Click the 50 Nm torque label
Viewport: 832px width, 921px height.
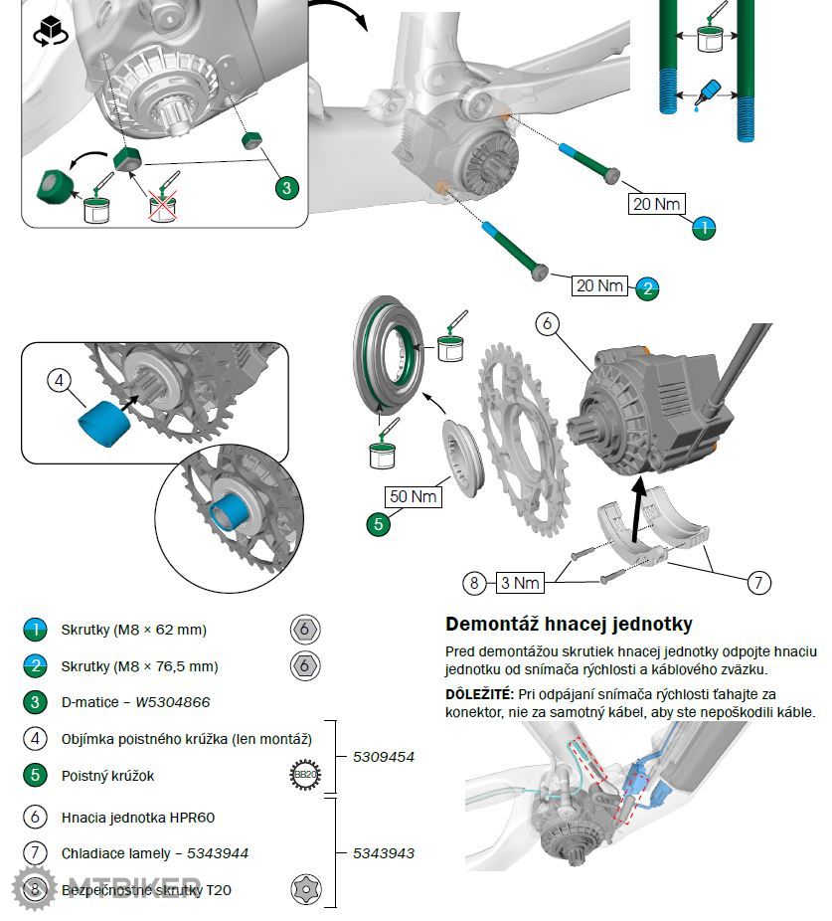point(414,494)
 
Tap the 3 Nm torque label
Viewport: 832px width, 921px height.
point(519,582)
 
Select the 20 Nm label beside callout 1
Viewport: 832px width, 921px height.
point(656,204)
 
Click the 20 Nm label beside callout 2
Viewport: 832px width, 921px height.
point(599,285)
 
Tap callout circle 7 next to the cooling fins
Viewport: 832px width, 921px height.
point(758,582)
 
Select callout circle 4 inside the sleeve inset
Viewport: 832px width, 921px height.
point(60,380)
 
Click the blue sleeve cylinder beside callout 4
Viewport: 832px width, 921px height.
point(104,424)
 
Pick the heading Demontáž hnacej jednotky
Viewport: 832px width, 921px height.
point(569,625)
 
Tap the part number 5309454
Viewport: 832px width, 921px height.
point(384,757)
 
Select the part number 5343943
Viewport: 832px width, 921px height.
point(384,853)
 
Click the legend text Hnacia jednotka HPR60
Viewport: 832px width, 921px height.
point(138,817)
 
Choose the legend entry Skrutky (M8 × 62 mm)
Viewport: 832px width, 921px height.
point(134,630)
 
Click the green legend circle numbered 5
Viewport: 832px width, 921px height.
point(35,775)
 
